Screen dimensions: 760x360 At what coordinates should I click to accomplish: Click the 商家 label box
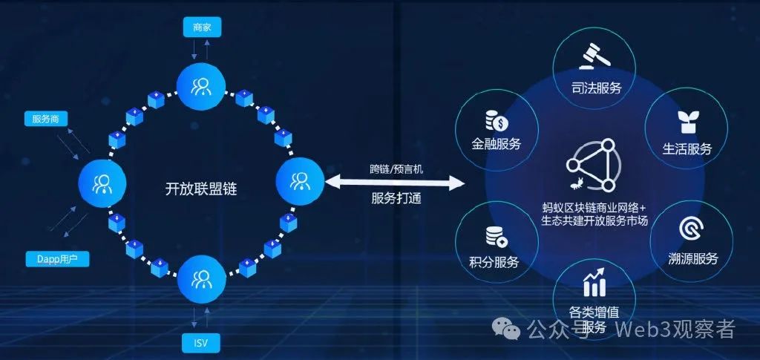(x=202, y=27)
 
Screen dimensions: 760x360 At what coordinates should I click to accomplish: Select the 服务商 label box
(x=46, y=119)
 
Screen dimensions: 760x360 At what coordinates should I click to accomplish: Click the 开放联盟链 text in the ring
(x=200, y=189)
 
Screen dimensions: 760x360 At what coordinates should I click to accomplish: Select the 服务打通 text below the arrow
(x=396, y=199)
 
